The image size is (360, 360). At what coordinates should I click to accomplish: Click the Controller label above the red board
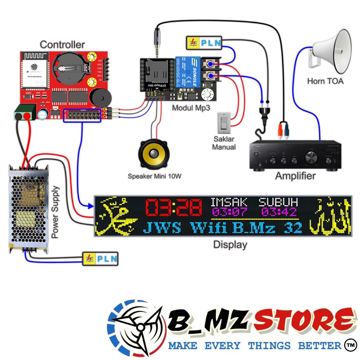click(x=62, y=45)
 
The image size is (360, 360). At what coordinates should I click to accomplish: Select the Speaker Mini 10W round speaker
click(x=154, y=155)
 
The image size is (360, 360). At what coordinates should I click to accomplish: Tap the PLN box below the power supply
click(x=100, y=259)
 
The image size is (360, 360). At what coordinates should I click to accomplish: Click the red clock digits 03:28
click(x=174, y=207)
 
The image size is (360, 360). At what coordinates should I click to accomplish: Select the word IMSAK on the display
click(x=229, y=202)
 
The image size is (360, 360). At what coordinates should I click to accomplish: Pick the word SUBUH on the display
click(x=278, y=202)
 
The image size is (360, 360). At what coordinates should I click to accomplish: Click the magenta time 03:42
click(x=279, y=212)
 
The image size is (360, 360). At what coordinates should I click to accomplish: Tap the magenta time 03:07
click(x=230, y=212)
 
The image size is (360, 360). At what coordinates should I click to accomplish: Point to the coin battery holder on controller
click(x=69, y=67)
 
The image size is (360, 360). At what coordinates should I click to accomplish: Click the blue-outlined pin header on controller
click(x=82, y=115)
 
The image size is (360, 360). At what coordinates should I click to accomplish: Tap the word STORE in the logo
click(x=304, y=321)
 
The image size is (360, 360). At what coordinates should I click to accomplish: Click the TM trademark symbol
click(x=349, y=344)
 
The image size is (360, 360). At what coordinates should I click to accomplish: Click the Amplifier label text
click(x=295, y=176)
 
